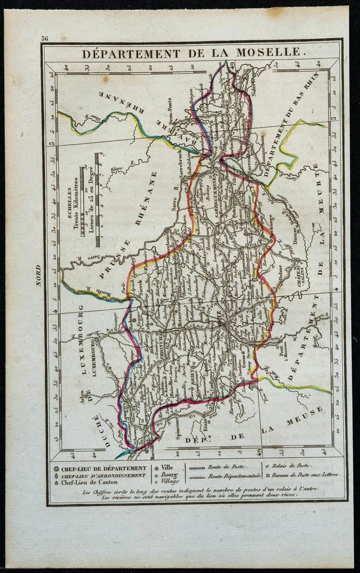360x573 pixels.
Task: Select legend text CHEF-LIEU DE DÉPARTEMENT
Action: (103, 468)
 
